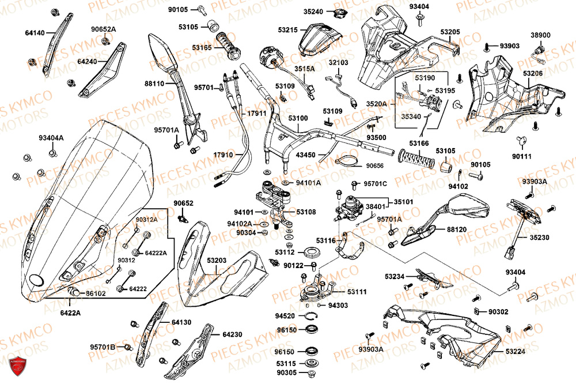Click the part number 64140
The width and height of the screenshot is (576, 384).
click(x=35, y=33)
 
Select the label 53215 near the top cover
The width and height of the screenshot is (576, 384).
click(x=287, y=29)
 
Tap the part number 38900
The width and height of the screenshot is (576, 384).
click(x=540, y=35)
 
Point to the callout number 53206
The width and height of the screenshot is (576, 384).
click(x=533, y=74)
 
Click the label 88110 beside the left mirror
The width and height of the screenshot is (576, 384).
click(x=154, y=84)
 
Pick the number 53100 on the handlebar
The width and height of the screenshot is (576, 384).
click(x=298, y=118)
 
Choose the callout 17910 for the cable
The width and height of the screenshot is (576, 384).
click(x=223, y=155)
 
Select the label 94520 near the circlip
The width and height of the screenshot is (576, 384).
click(x=285, y=316)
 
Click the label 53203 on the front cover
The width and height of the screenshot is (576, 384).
click(x=217, y=261)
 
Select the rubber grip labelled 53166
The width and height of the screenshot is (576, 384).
click(x=416, y=159)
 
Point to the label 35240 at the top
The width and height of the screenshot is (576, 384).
click(x=313, y=11)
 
